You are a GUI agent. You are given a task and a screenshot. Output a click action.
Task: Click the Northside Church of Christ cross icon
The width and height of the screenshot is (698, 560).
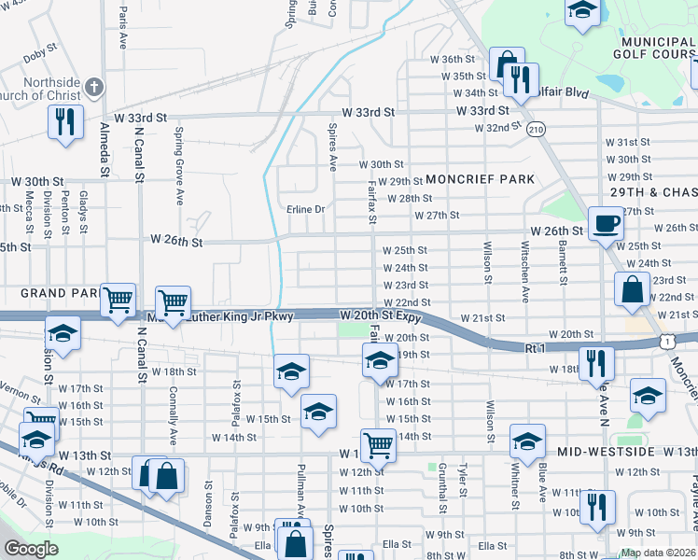(x=93, y=89)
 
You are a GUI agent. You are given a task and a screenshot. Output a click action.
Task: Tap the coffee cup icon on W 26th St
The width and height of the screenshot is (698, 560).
(x=606, y=224)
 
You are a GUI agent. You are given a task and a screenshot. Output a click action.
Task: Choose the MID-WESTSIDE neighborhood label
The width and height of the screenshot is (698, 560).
(x=602, y=451)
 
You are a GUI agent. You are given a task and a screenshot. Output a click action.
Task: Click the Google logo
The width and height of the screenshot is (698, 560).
(x=31, y=549)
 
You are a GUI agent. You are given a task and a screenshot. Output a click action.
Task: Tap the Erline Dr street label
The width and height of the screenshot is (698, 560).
(x=305, y=209)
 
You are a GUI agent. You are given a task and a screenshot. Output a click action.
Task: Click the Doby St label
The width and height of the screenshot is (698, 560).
(x=41, y=55)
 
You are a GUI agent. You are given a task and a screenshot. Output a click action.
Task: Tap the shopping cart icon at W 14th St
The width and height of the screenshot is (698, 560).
(x=378, y=445)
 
